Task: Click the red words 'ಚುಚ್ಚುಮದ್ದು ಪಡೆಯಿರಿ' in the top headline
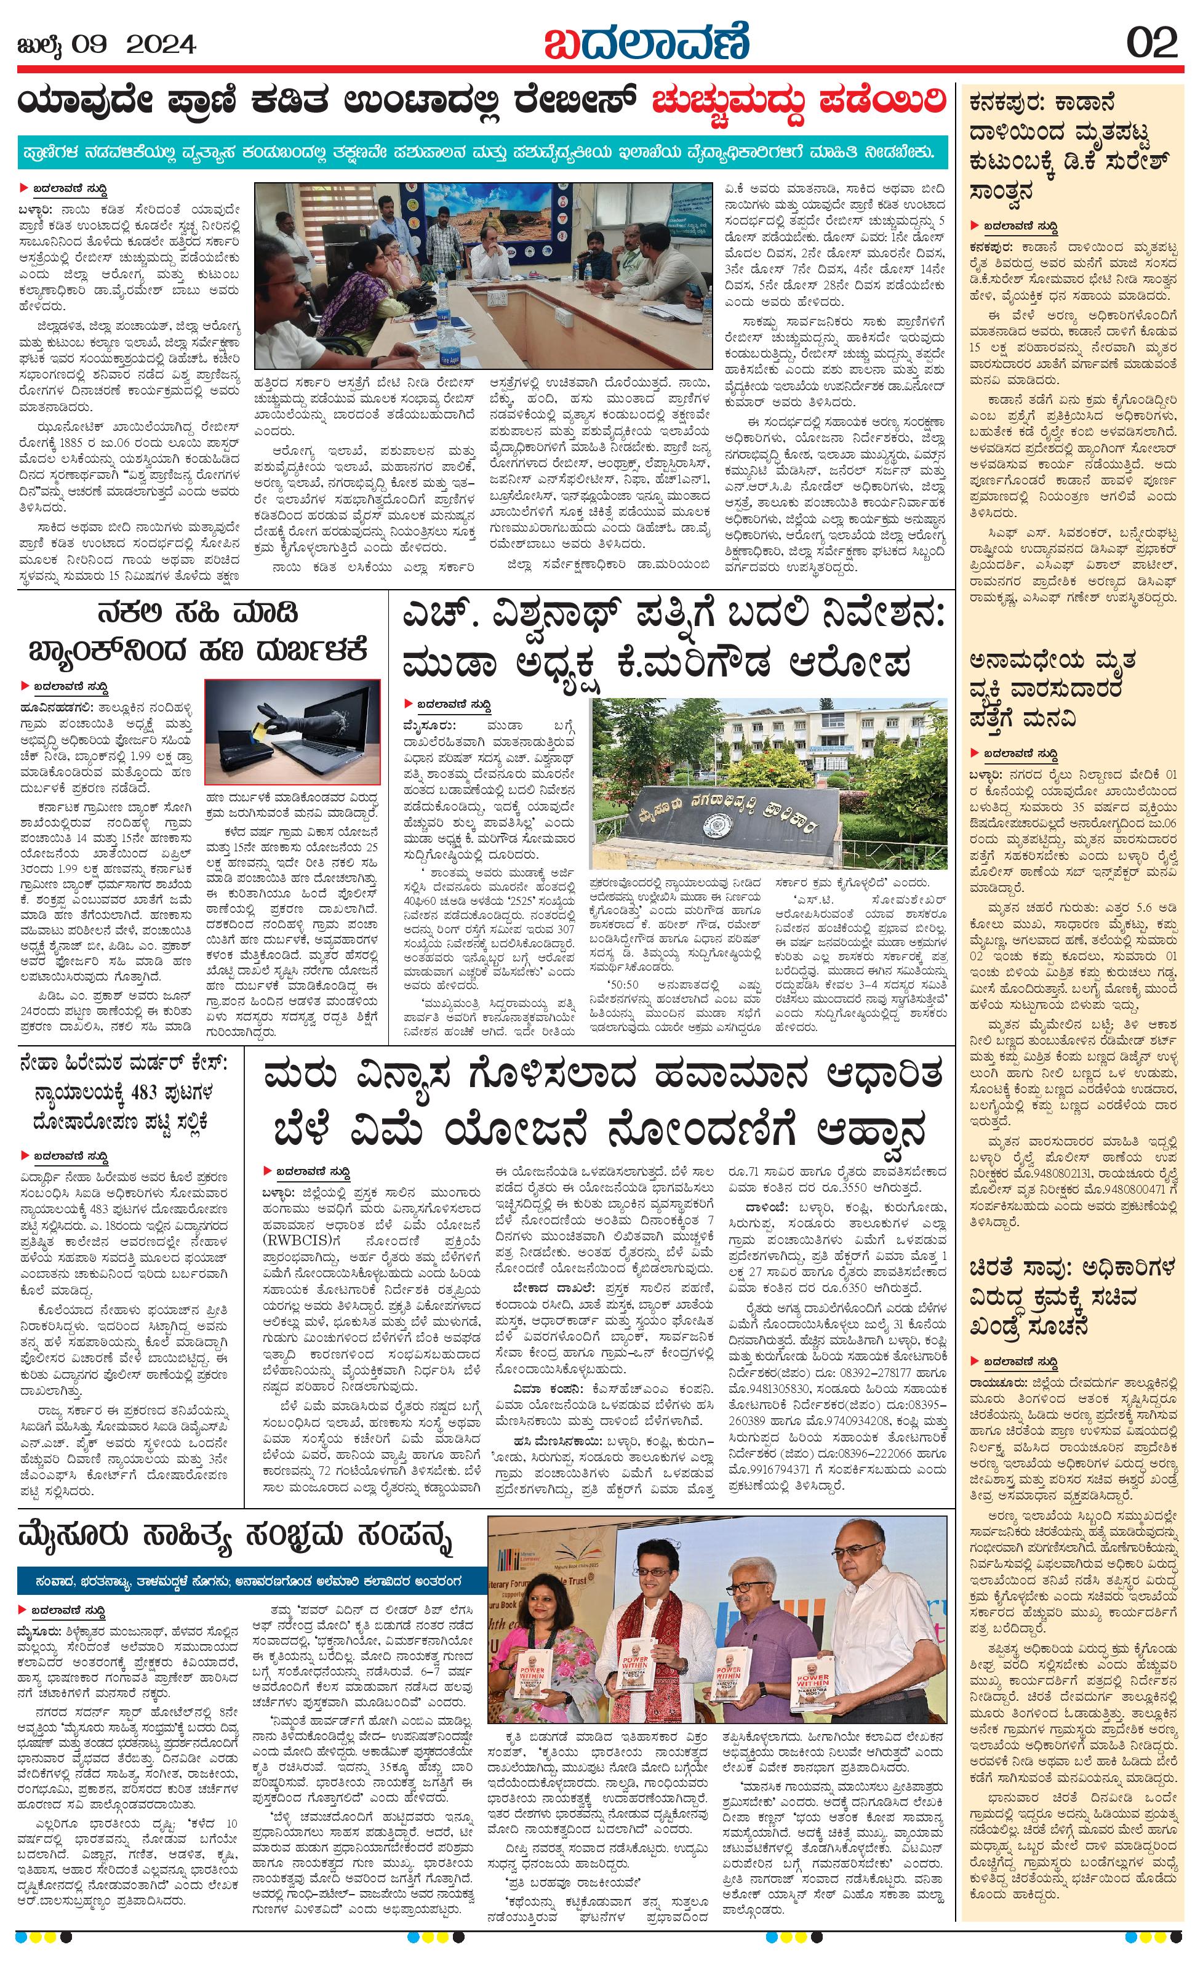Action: pyautogui.click(x=799, y=103)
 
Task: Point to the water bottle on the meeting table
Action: pyautogui.click(x=449, y=343)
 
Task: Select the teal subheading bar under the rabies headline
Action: pyautogui.click(x=482, y=153)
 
